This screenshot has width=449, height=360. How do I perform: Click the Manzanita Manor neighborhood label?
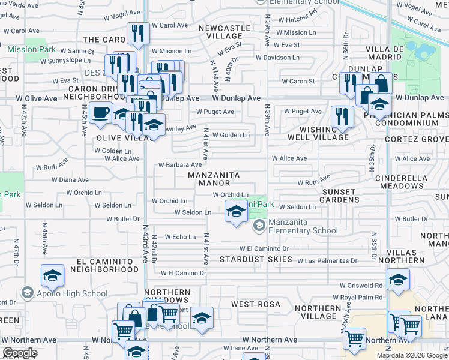[214, 179]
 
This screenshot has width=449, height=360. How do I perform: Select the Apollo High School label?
[72, 294]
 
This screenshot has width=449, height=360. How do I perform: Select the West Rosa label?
[256, 304]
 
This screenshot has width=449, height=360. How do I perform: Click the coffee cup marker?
[100, 112]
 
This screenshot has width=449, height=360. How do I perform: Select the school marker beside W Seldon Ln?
[236, 211]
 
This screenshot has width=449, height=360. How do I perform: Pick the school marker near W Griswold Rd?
[398, 279]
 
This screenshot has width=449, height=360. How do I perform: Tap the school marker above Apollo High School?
[52, 275]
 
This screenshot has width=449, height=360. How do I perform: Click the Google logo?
[20, 353]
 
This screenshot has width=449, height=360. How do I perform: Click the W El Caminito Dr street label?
[264, 248]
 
